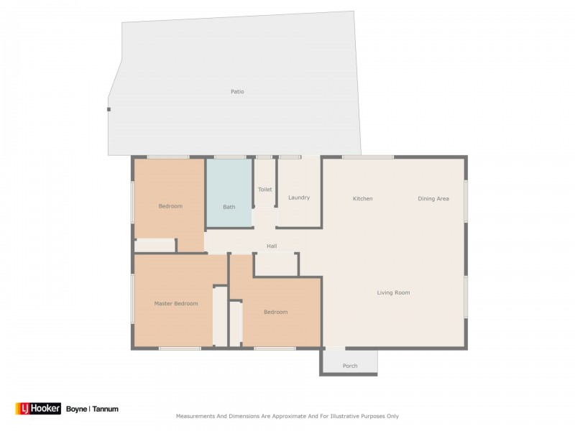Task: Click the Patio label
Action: click(x=237, y=92)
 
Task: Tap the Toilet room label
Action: click(x=264, y=190)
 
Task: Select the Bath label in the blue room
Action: click(x=229, y=207)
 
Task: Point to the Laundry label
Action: click(x=299, y=198)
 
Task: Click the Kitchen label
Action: click(x=363, y=199)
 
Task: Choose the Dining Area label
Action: click(x=433, y=199)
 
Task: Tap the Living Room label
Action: click(x=393, y=292)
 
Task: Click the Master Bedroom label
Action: click(x=176, y=303)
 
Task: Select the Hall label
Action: click(x=272, y=246)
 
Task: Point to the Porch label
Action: click(x=350, y=366)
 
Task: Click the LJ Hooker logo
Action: click(x=38, y=409)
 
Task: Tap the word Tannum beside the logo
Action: click(x=105, y=409)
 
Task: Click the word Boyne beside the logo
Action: click(x=76, y=409)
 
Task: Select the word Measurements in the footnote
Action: click(x=195, y=417)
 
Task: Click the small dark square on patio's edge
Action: click(x=109, y=109)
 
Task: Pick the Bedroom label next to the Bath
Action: click(x=170, y=206)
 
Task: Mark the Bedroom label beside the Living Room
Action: click(x=276, y=312)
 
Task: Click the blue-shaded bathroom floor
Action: click(x=229, y=193)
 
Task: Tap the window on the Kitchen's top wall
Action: click(x=368, y=157)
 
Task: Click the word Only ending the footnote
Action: click(x=392, y=417)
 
